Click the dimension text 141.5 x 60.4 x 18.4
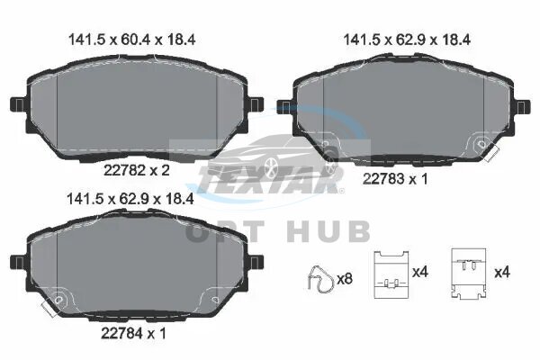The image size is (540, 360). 132,40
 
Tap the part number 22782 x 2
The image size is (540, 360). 137,170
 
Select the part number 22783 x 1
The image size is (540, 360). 395,179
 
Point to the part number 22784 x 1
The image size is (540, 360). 133,333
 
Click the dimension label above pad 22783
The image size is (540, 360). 407,40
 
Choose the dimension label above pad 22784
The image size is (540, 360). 130,199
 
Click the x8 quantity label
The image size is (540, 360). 345,279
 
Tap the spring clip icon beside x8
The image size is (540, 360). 320,279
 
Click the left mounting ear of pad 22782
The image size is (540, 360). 18,104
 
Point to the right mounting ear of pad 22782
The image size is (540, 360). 256,104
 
